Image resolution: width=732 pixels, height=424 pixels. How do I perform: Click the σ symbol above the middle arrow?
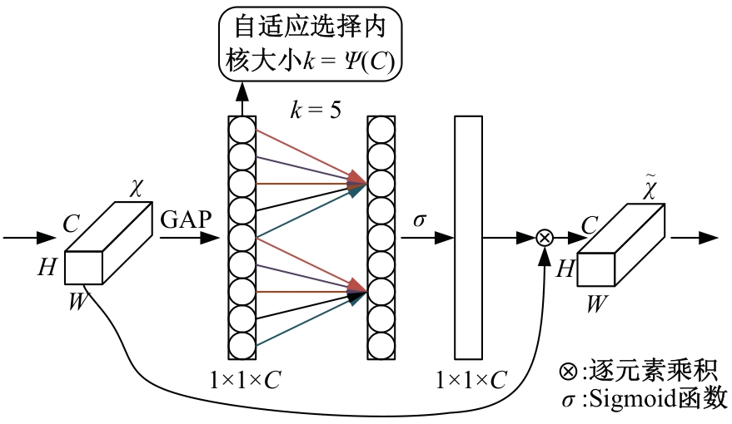point(420,220)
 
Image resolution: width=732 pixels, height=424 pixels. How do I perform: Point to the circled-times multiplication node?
point(544,238)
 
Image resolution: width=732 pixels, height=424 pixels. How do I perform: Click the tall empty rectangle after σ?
point(468,237)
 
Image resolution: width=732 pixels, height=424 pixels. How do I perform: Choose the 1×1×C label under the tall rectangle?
point(471,381)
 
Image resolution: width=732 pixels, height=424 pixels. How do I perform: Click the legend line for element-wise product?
point(640,371)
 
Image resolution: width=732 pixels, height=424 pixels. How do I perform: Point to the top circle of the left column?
point(242,130)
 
